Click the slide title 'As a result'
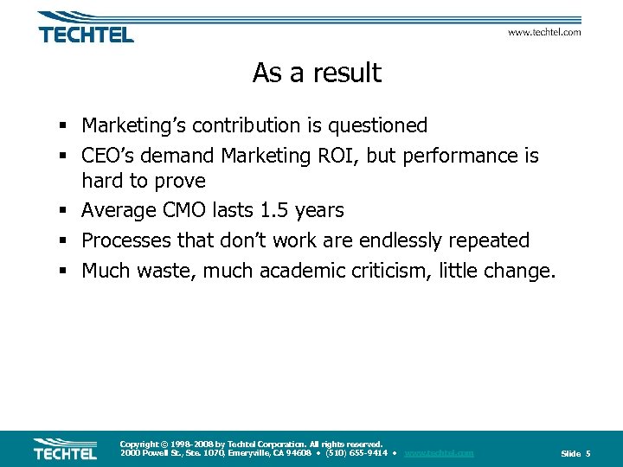click(x=317, y=74)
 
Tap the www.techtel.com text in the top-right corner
click(x=543, y=33)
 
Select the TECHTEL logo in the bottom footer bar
click(x=66, y=449)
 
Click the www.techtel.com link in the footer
click(x=439, y=453)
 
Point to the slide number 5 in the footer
click(x=588, y=454)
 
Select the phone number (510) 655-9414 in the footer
click(x=356, y=453)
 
